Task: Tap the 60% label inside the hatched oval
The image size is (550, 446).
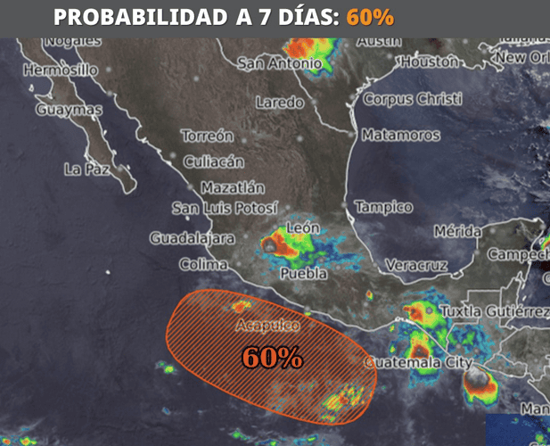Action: coord(272,358)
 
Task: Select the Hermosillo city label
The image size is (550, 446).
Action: coord(60,70)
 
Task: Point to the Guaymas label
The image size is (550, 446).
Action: coord(69,110)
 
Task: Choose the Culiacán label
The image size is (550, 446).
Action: coord(213,162)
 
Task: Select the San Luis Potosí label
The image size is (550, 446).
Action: coord(225,209)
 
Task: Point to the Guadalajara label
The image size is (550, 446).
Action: coord(192,238)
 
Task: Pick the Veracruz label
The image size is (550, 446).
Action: coord(415,265)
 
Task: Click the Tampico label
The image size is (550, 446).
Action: coord(383,207)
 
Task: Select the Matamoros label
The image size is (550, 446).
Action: coord(400,136)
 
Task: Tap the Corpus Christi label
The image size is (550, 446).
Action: coord(413,99)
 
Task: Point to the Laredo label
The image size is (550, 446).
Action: coord(279,103)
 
